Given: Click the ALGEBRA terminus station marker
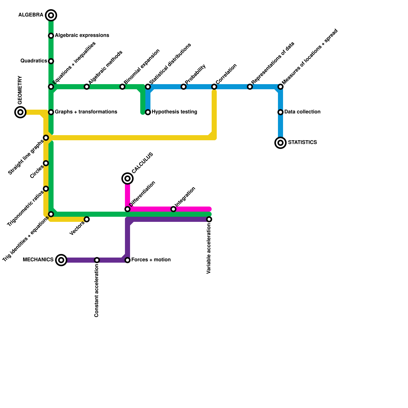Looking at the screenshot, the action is point(51,15).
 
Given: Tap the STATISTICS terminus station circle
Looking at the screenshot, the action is point(280,143).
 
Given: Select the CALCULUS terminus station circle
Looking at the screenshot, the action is point(127,178).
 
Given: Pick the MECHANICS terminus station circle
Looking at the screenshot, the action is point(61,260).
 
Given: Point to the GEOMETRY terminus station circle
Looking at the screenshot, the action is point(20,112).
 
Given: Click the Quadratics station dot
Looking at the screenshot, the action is point(51,61).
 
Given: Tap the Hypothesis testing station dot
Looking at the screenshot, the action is point(148,112).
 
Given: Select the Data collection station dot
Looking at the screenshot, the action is point(280,112).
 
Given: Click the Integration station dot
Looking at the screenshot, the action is point(173,209).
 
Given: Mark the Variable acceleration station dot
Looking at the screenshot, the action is point(209,219).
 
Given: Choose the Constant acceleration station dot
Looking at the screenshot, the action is point(97,260).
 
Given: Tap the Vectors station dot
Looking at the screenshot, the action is point(87,219).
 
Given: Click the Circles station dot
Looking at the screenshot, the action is point(46,163).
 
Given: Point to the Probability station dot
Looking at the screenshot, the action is point(184,87).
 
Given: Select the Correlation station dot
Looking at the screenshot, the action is point(214,87).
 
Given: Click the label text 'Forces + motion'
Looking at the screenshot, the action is point(151,260).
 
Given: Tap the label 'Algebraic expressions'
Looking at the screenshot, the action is point(82,35).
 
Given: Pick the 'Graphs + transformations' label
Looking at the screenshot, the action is point(86,112).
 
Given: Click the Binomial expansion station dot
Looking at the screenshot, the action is point(122,87).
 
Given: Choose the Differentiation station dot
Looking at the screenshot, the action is point(127,209).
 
